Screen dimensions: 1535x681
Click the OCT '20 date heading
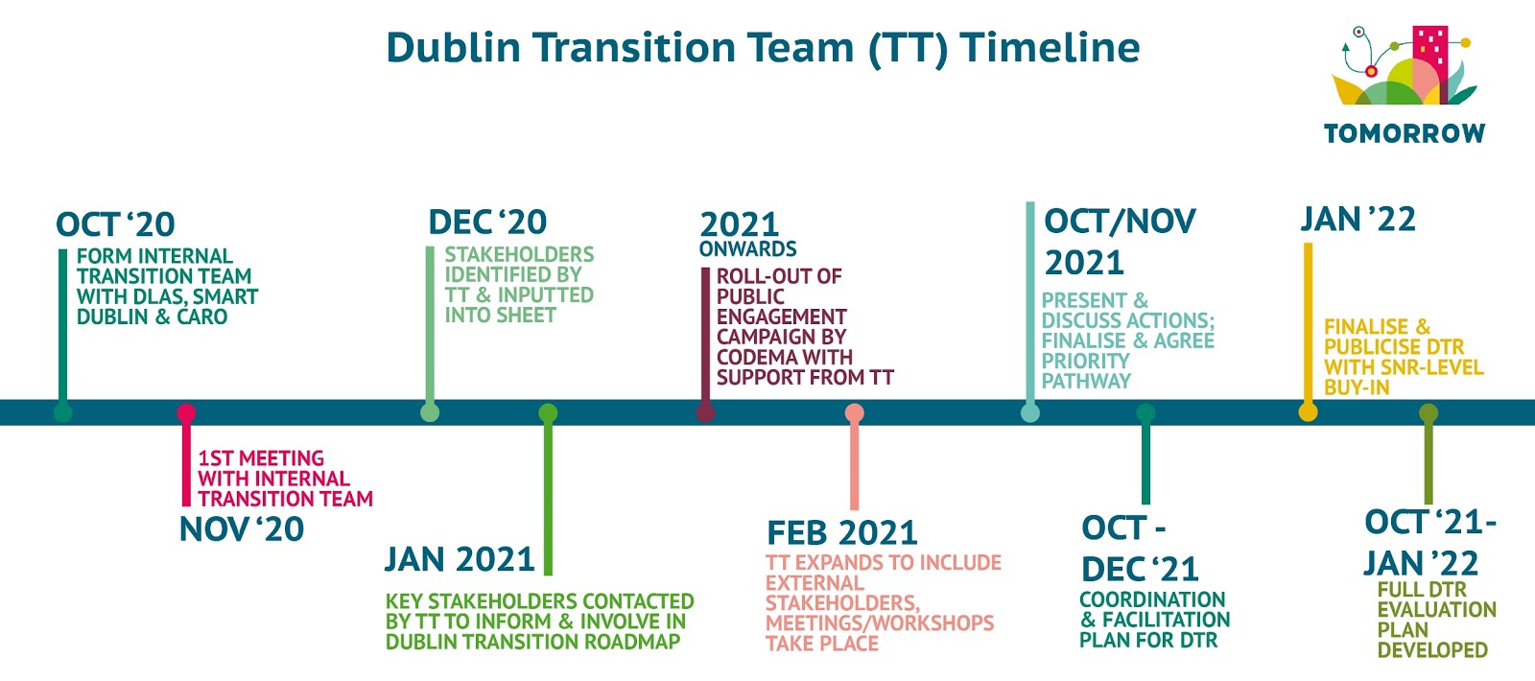[x=115, y=224]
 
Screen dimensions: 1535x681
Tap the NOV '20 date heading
[x=241, y=528]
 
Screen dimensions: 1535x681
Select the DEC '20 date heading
[x=487, y=222]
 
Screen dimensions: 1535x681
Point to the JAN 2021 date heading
[x=460, y=559]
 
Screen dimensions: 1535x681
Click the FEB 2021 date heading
[x=841, y=532]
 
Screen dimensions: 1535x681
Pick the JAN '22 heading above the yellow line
[x=1358, y=220]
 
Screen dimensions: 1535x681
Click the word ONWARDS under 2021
[x=747, y=248]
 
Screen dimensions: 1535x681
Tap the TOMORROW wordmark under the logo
[x=1405, y=133]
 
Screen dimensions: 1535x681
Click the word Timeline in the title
[x=1050, y=47]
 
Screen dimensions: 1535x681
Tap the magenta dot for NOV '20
[x=186, y=413]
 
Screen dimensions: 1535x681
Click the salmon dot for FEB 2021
[x=855, y=413]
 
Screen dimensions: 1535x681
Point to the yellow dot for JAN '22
[x=1309, y=412]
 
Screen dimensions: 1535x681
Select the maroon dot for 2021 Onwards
[x=706, y=412]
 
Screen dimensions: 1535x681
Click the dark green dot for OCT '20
[x=63, y=412]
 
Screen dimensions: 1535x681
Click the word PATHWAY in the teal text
[x=1086, y=381]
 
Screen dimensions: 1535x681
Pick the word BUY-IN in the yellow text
[x=1357, y=387]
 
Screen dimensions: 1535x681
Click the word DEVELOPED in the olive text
[x=1433, y=649]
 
